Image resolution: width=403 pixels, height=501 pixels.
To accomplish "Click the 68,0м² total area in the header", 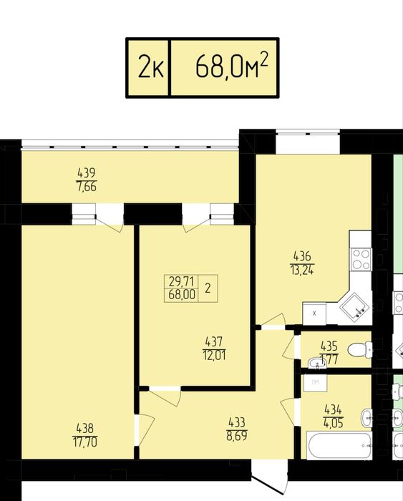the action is [x=231, y=66].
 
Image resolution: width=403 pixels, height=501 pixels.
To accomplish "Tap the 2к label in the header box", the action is [x=151, y=68].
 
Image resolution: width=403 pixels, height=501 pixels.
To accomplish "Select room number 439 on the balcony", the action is [x=87, y=173].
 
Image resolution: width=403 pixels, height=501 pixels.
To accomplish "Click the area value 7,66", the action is [x=87, y=187].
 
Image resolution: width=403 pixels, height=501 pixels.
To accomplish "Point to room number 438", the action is [x=85, y=429].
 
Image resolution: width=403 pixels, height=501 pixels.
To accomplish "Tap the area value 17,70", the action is [x=85, y=442].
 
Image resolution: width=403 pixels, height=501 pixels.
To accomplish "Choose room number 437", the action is [x=214, y=342].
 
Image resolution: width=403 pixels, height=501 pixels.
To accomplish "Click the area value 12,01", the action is [x=214, y=355].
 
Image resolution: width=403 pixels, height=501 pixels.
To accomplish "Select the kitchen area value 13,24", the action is [x=302, y=270].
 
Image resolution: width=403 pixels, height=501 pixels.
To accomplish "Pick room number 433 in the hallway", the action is [x=237, y=423].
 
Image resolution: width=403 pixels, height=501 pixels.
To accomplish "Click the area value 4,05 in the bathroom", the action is [x=334, y=424].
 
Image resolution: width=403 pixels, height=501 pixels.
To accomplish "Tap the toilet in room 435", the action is [x=360, y=349].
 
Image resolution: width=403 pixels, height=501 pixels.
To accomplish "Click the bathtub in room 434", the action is [x=339, y=446].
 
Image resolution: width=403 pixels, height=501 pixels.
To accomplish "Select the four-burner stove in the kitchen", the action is [x=361, y=259].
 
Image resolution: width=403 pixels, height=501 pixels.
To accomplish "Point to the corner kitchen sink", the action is [x=354, y=308].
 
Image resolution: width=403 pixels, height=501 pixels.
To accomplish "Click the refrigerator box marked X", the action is [x=314, y=313].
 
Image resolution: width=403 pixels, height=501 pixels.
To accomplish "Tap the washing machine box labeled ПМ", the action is [x=315, y=383].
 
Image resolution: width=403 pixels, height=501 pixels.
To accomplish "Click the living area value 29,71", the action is [x=182, y=281].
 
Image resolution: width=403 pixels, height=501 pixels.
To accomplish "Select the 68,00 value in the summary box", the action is [x=182, y=295].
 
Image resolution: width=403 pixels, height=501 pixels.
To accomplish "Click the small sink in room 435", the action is [x=316, y=364].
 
